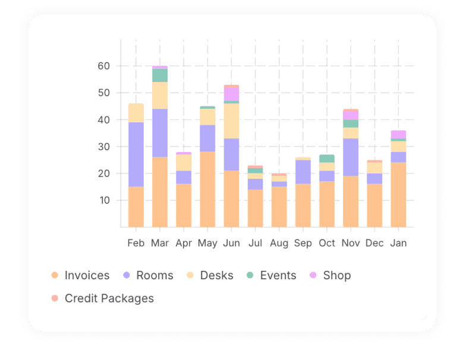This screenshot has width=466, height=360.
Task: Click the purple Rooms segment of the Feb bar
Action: (136, 154)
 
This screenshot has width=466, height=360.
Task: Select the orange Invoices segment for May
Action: (207, 189)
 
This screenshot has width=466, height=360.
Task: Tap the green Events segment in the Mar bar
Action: (160, 75)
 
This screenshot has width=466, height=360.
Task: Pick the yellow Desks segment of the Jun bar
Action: (231, 121)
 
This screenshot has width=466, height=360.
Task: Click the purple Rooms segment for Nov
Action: (351, 157)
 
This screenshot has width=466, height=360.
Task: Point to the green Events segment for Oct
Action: (327, 159)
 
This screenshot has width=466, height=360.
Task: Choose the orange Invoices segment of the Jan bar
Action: (398, 195)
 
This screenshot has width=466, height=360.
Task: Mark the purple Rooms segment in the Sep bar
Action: (303, 172)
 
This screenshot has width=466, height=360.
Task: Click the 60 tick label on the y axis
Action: (104, 66)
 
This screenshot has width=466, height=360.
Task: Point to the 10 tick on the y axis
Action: (104, 200)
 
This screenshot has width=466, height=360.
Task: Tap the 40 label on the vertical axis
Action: (104, 120)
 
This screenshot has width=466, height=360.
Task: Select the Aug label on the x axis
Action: (279, 243)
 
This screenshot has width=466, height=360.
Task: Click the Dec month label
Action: (374, 243)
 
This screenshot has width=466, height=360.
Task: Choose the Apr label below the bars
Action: (184, 243)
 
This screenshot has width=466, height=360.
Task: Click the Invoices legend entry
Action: (87, 276)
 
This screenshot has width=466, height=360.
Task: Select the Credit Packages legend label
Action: (109, 298)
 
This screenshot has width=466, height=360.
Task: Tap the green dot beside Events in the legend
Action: (250, 276)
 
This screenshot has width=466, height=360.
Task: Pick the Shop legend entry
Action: (336, 276)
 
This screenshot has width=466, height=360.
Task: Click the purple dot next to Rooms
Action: (126, 276)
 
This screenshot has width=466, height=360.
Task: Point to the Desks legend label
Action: (216, 276)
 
